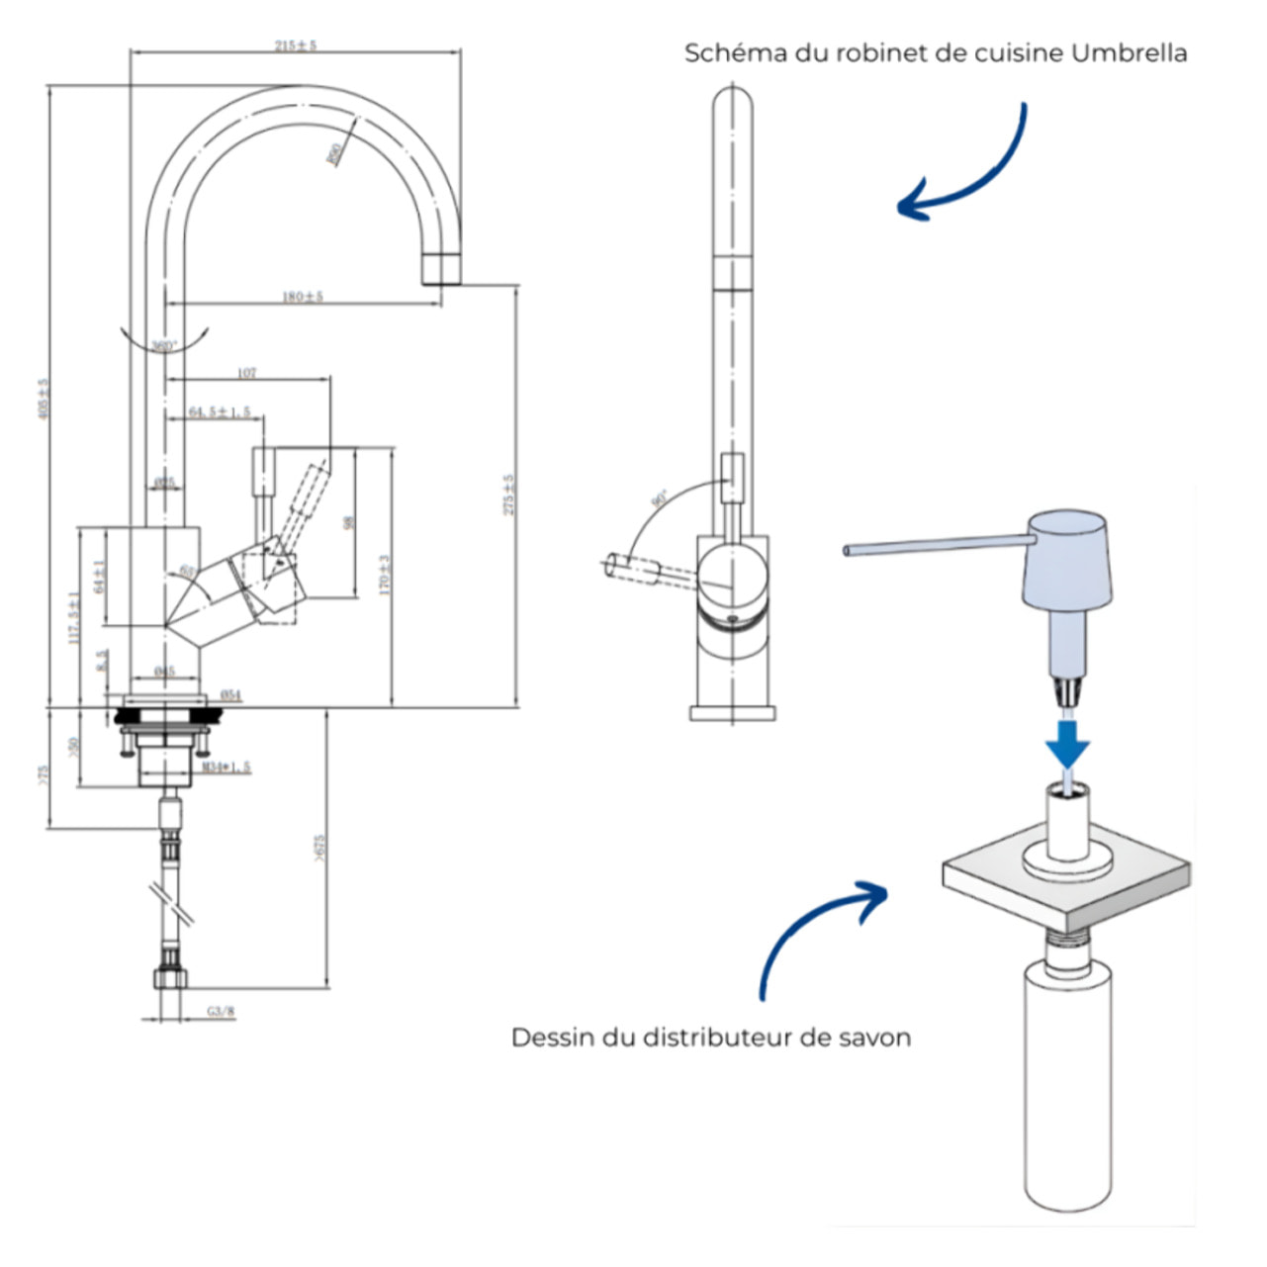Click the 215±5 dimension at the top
tap(295, 45)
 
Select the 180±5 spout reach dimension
tap(304, 296)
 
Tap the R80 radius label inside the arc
tap(336, 154)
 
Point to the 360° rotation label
tap(163, 346)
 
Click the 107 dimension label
tap(247, 373)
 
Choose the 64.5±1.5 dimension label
tap(220, 411)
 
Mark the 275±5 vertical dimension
tap(509, 494)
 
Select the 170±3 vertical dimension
tap(385, 574)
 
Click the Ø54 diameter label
tap(229, 695)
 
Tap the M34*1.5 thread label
tap(226, 767)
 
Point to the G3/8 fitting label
tap(222, 1011)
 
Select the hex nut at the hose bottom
tap(171, 977)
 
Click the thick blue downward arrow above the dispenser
tap(1068, 743)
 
